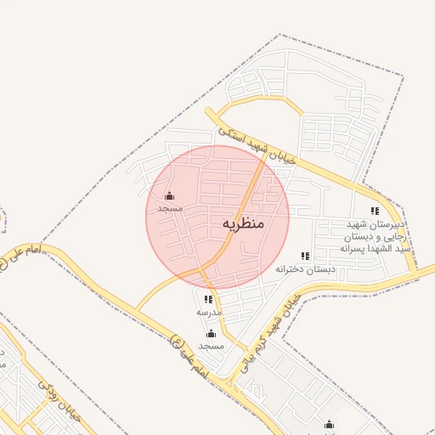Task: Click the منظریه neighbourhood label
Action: [x=244, y=223]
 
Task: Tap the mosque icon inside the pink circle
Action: [x=169, y=196]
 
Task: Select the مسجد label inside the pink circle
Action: [x=170, y=208]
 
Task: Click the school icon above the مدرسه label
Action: [x=208, y=299]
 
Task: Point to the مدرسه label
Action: [x=209, y=312]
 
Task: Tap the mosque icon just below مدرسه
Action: [x=211, y=333]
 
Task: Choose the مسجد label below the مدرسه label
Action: [x=211, y=346]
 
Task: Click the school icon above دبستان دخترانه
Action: [x=305, y=256]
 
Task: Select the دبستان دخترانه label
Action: [x=305, y=268]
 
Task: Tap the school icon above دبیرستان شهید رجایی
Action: [x=375, y=211]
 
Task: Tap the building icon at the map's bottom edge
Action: [x=330, y=425]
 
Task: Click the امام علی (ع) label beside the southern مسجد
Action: [x=188, y=356]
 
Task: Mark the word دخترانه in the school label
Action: [x=290, y=268]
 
